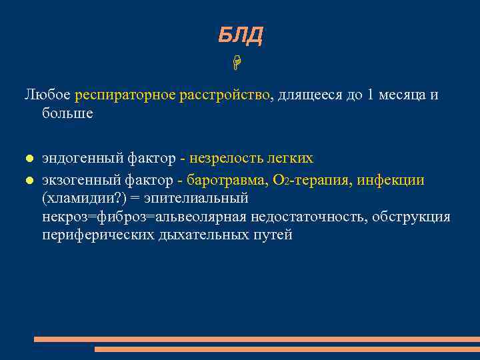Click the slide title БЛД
coord(240,35)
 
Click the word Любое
coord(48,95)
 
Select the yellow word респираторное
coord(125,95)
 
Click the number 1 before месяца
coord(371,95)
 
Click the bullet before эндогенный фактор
coord(29,159)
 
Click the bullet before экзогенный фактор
coord(29,181)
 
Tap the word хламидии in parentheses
coord(73,199)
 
